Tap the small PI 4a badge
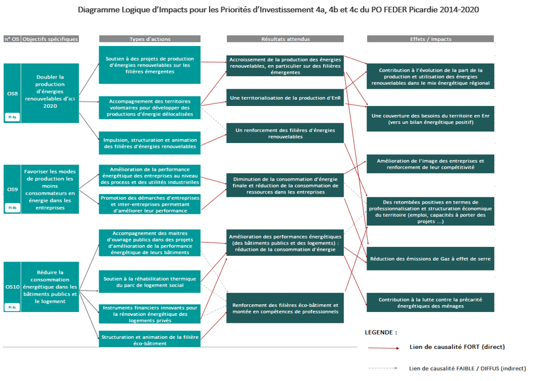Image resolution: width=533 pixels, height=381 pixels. [x=12, y=117]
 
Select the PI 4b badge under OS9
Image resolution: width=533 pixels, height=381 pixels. [x=12, y=208]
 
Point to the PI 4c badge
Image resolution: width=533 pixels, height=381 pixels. [x=12, y=306]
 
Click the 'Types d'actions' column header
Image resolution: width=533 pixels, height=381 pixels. [x=150, y=39]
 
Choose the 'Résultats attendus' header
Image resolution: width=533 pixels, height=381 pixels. [x=285, y=39]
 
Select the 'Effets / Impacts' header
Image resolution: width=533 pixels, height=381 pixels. [x=430, y=39]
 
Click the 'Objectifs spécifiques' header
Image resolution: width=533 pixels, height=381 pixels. [x=50, y=39]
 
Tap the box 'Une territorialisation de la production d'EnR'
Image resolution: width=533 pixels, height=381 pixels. [x=285, y=98]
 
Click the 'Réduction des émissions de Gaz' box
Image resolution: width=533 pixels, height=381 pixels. [x=430, y=259]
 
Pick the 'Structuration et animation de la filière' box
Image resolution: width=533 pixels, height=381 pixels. [x=150, y=339]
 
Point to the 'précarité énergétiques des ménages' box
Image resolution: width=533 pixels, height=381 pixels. [x=430, y=302]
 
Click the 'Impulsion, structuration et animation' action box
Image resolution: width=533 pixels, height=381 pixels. [x=150, y=143]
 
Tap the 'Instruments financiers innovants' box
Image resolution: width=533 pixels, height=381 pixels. [x=150, y=314]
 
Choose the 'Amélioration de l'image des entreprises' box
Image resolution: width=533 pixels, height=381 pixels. [x=430, y=163]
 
